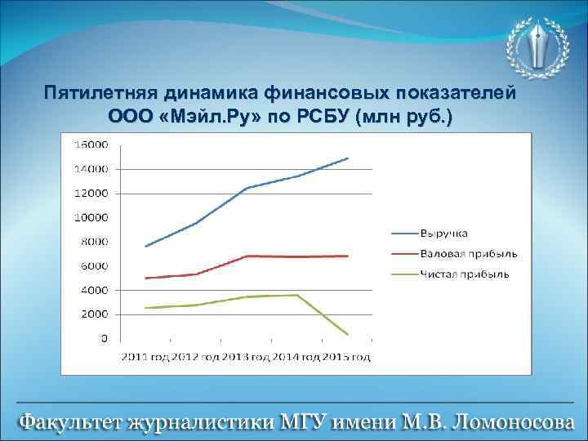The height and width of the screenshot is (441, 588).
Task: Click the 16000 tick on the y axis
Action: pos(91,145)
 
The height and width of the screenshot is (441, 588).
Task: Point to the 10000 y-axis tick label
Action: pos(91,218)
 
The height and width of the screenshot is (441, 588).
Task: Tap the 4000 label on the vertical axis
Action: pos(94,290)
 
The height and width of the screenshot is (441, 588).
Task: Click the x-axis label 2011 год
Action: pos(146,357)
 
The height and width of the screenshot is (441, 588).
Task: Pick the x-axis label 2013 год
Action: pos(247,357)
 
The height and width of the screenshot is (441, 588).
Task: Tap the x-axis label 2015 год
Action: pos(346,357)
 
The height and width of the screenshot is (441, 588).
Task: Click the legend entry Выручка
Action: pos(445,234)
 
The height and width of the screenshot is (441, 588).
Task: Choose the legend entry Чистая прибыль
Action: pos(465,274)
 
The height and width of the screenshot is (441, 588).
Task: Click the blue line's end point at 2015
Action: pos(348,158)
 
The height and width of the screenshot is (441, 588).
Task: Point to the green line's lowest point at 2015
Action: pos(348,334)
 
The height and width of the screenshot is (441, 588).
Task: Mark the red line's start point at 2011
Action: pos(145,278)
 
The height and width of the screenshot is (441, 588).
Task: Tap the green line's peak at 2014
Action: pos(297,295)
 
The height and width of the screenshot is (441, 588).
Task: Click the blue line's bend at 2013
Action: pos(247,188)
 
